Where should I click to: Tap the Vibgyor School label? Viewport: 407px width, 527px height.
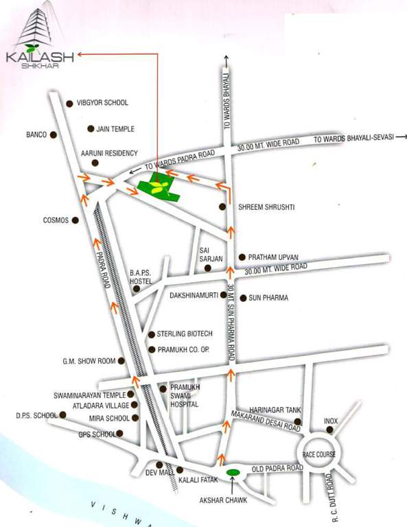pyautogui.click(x=102, y=103)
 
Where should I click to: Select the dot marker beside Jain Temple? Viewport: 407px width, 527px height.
pyautogui.click(x=91, y=129)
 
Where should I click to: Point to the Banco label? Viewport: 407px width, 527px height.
pyautogui.click(x=36, y=134)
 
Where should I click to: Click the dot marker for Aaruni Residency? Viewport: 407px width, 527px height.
pyautogui.click(x=95, y=163)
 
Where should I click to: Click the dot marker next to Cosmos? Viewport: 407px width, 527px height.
pyautogui.click(x=75, y=220)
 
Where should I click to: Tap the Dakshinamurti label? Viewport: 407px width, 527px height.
pyautogui.click(x=195, y=296)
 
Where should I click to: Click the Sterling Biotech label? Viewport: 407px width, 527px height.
pyautogui.click(x=185, y=333)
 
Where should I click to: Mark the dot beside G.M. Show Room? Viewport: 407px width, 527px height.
pyautogui.click(x=122, y=361)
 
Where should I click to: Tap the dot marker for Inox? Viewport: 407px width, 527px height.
pyautogui.click(x=330, y=430)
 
